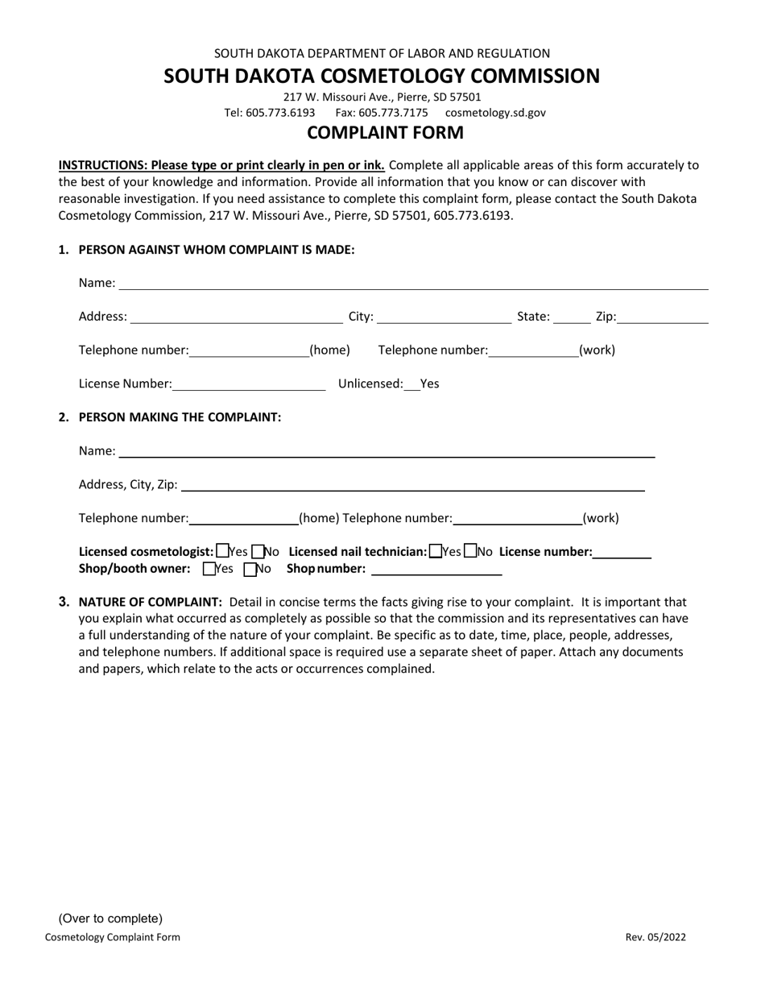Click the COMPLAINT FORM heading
[x=385, y=133]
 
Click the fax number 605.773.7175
[x=382, y=113]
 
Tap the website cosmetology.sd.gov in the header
[x=495, y=113]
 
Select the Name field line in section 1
[x=413, y=284]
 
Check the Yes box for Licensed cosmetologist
[x=223, y=552]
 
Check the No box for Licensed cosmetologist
[x=258, y=552]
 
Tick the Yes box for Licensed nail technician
[x=436, y=552]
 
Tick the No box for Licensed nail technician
[x=471, y=552]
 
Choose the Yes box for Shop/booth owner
[x=210, y=570]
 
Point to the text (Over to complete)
[x=110, y=918]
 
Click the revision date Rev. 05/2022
[x=655, y=937]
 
